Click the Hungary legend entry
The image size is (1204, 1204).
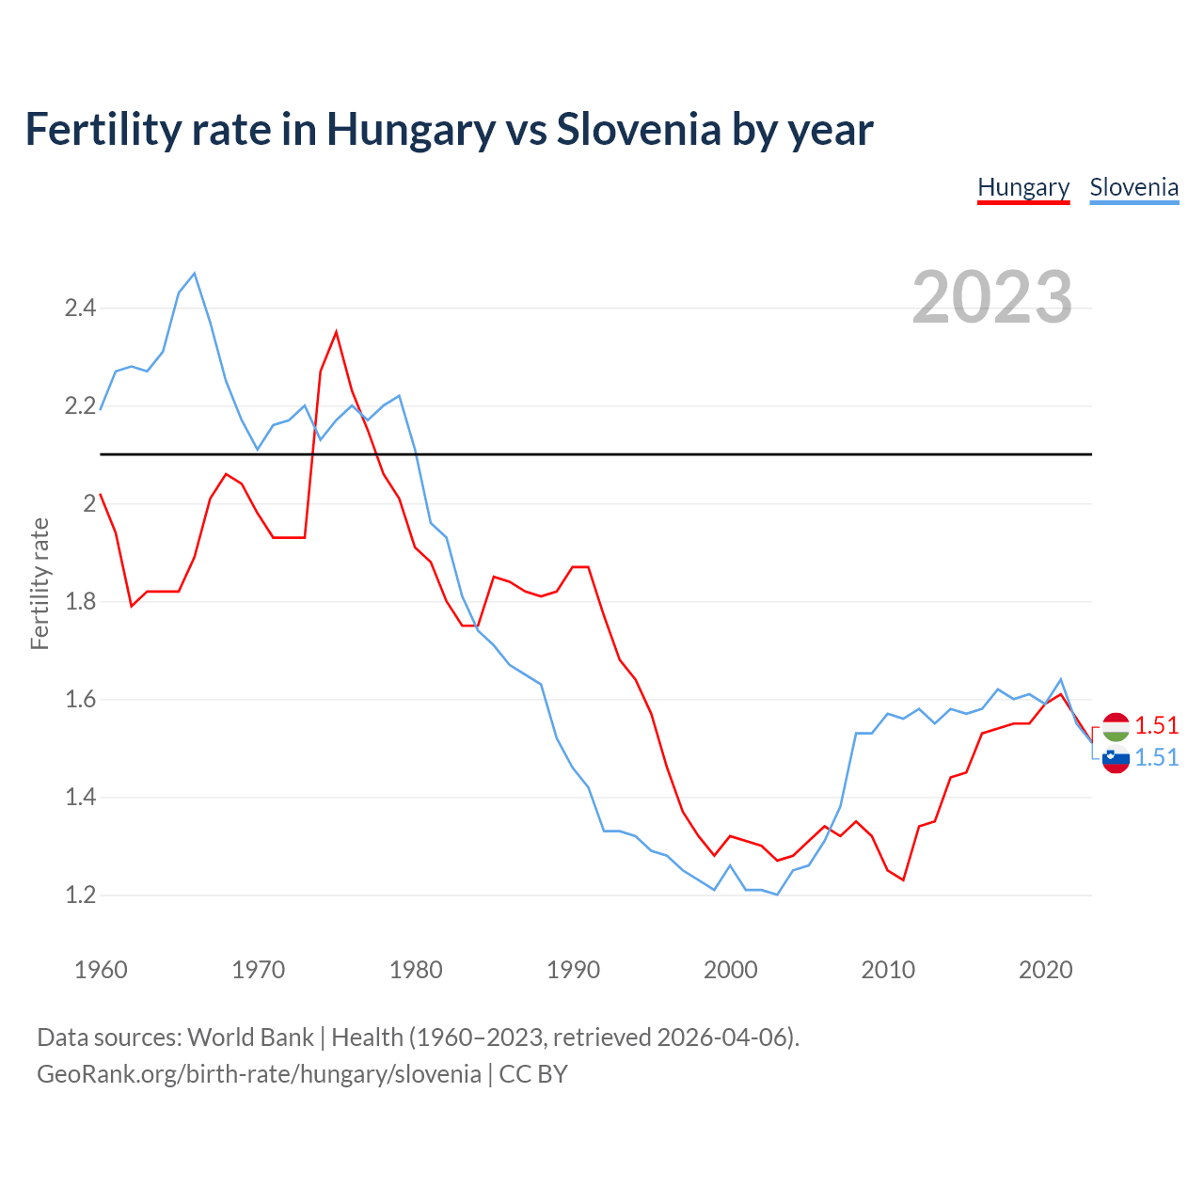1023,187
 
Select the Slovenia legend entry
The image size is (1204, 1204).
1133,187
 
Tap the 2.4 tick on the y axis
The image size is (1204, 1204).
80,308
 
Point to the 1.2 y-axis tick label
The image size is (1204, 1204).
80,895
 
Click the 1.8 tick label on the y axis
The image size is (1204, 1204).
80,601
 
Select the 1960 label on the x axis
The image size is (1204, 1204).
101,970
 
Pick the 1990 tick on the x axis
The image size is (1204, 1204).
573,970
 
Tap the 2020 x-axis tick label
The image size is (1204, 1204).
1045,970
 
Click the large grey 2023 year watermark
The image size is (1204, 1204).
992,297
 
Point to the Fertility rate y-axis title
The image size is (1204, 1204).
40,583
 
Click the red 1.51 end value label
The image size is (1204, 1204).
1156,725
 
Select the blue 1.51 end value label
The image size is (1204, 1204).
1156,757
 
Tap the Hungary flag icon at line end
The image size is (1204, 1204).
1116,726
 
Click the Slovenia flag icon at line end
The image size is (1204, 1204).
1116,758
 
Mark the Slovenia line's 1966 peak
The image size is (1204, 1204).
195,274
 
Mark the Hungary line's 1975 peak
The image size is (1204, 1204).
336,331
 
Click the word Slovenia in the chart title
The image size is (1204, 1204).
638,129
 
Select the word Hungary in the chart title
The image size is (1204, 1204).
410,129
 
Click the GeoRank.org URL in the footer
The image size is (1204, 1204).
259,1074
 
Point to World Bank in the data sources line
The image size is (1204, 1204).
250,1038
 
